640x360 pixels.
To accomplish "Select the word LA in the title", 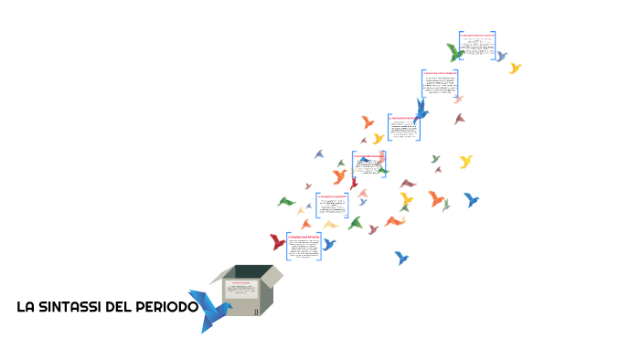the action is (26, 307).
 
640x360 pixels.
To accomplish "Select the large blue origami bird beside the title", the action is (212, 311).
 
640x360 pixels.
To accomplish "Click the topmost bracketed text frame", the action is (476, 45).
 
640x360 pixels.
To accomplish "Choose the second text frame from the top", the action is (439, 82).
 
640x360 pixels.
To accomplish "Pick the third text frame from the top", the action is (403, 127).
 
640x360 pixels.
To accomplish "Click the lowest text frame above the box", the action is (304, 246).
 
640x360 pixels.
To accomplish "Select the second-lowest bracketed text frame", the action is (332, 205).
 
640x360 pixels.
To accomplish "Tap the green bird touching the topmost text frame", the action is (454, 52).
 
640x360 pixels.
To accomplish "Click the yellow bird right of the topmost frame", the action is (515, 68).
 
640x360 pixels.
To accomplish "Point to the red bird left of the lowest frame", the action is (277, 242).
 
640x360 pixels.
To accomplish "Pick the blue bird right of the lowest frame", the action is (328, 244).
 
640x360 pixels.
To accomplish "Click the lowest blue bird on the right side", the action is (400, 258).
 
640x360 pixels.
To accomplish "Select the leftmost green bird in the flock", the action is (286, 202).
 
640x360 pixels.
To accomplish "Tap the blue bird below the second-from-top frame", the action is (421, 109).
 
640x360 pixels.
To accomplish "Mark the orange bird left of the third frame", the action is (368, 122).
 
